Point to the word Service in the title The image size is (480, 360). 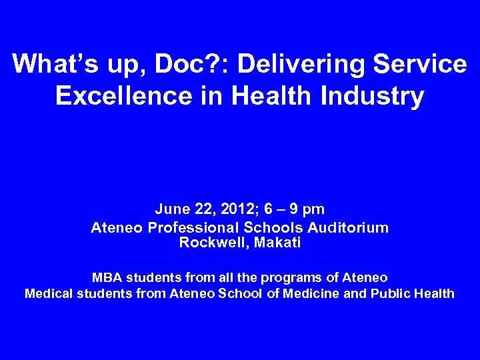click(x=422, y=65)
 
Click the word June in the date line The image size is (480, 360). click(x=173, y=209)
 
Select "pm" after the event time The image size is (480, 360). click(x=312, y=209)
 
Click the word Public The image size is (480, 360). click(x=386, y=293)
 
